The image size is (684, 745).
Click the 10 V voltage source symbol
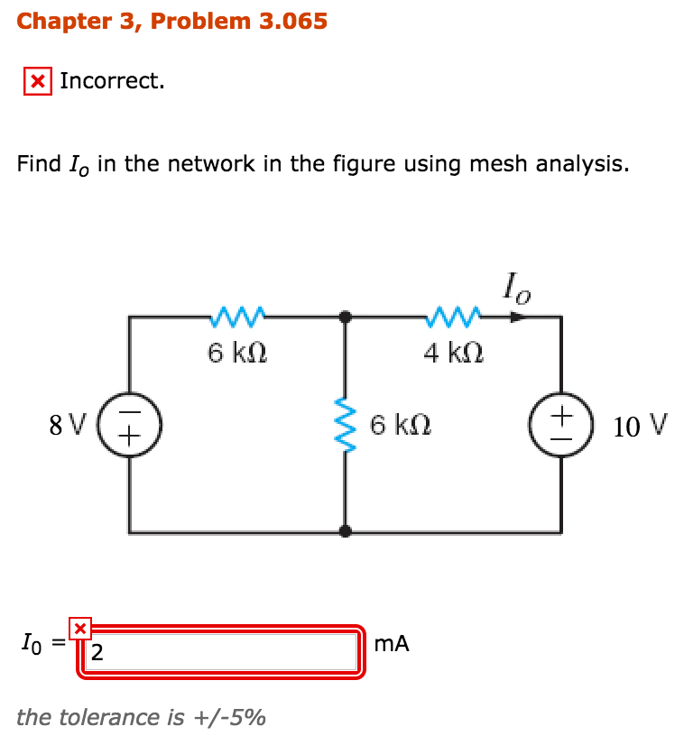(561, 422)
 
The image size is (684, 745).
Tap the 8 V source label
(69, 422)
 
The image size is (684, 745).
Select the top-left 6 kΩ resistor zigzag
(236, 317)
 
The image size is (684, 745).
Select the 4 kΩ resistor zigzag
(453, 317)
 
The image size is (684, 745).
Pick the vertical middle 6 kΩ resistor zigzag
(345, 422)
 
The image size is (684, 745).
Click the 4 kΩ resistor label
(454, 353)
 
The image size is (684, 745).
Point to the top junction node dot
(345, 317)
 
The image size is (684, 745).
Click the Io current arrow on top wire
(515, 317)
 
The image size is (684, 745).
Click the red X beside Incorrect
(37, 82)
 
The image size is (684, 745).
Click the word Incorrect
(112, 81)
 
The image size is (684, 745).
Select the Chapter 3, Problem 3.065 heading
(171, 21)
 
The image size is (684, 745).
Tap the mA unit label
(390, 644)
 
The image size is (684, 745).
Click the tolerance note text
(141, 717)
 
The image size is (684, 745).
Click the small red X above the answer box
(80, 627)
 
